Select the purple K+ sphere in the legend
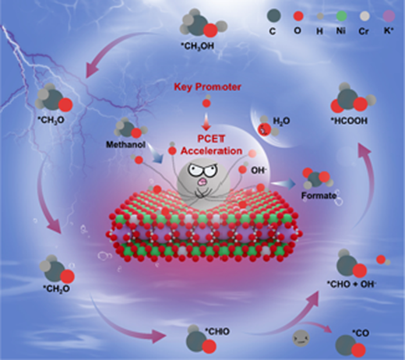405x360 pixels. [x=389, y=16]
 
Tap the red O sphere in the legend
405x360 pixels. [x=298, y=16]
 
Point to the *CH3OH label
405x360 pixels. [x=198, y=47]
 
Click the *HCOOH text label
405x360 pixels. [x=349, y=121]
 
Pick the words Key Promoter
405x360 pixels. [x=207, y=86]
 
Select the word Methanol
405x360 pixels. [x=125, y=144]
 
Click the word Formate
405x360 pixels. [x=319, y=196]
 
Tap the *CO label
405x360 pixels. [x=361, y=333]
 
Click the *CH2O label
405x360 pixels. [x=56, y=288]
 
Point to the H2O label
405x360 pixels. [x=281, y=121]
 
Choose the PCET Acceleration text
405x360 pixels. [x=211, y=145]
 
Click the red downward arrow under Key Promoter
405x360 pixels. [x=206, y=122]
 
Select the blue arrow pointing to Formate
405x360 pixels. [x=283, y=184]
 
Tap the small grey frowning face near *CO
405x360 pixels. [x=301, y=338]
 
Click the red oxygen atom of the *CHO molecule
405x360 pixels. [x=209, y=346]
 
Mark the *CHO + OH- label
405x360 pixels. [x=351, y=284]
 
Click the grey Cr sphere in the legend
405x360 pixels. [x=364, y=16]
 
